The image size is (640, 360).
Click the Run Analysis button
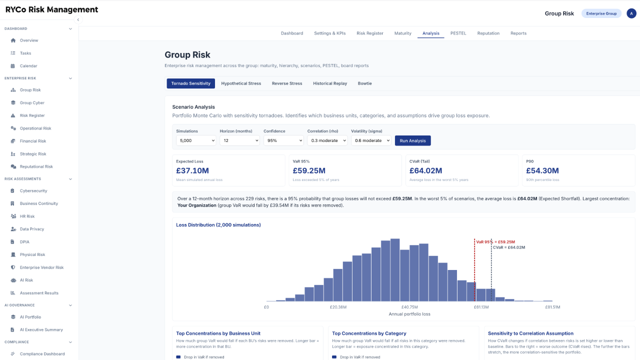tap(412, 140)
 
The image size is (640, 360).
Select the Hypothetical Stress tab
tap(241, 83)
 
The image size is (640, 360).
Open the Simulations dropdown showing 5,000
tap(196, 140)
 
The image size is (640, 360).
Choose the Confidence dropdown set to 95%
tap(283, 140)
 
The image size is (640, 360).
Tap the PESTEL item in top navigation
tap(458, 33)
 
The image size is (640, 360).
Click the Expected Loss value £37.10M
tap(192, 170)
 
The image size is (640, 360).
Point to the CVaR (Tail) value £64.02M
tap(425, 170)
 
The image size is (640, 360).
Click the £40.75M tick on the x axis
tap(409, 307)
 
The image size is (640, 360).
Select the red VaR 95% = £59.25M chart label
tap(495, 242)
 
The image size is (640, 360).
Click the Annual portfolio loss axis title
tap(409, 314)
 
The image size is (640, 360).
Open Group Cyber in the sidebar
tap(32, 103)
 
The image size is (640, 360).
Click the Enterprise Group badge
tap(601, 13)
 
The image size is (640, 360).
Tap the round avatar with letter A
tap(631, 13)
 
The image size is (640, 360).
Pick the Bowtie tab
tap(364, 83)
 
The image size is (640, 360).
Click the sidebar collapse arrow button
tap(78, 19)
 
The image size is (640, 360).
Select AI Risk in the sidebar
tap(26, 280)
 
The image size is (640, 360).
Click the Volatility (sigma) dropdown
tap(371, 140)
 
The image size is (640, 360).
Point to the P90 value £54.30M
tap(542, 170)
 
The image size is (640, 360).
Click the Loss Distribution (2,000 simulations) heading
tap(218, 225)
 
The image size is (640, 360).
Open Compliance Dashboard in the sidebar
tap(42, 354)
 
